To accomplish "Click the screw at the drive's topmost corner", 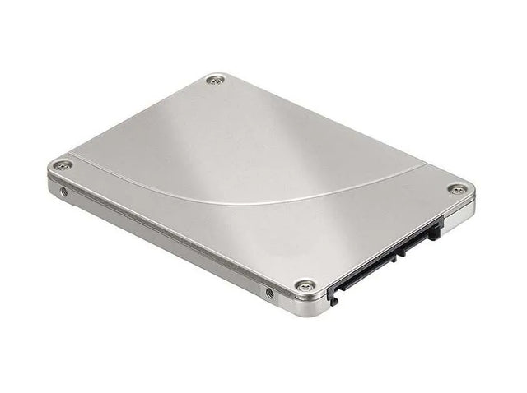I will [x=215, y=81].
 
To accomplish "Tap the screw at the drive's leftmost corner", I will [x=62, y=165].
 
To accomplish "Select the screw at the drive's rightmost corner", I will [x=457, y=190].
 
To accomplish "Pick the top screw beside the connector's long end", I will [x=305, y=285].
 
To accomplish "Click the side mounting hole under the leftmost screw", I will [x=64, y=192].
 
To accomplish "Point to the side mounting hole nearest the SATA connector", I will [x=269, y=292].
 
